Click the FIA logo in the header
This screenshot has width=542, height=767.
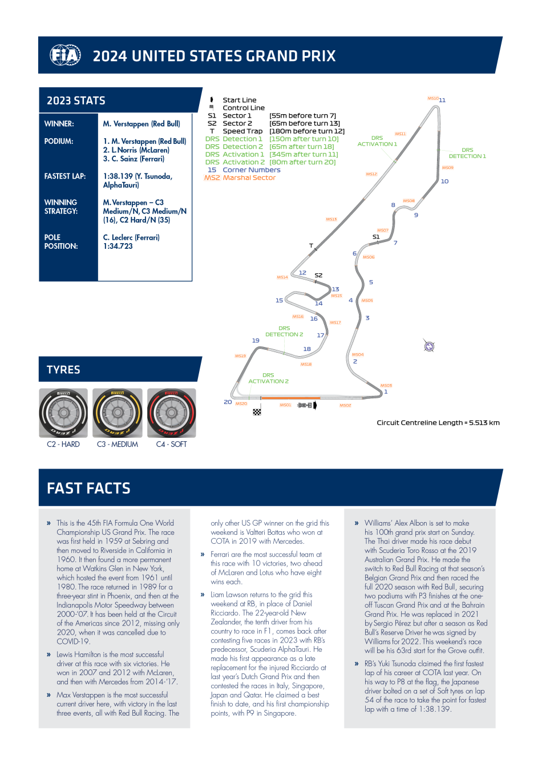[65, 55]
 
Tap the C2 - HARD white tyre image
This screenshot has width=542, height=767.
[63, 413]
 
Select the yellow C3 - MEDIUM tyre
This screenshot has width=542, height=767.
[118, 413]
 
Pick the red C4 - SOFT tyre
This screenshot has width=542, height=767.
[172, 413]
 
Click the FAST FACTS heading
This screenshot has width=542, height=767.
[88, 489]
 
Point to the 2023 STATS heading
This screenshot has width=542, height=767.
[76, 101]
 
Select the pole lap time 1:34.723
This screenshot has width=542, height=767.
[118, 247]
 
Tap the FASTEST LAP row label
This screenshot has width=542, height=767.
[65, 176]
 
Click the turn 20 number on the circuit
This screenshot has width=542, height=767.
[228, 402]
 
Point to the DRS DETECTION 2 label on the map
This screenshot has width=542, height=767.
[284, 332]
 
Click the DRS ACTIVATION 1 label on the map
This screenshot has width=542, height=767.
[377, 141]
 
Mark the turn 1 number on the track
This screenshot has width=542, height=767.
[386, 391]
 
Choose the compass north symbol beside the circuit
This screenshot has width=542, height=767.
[430, 346]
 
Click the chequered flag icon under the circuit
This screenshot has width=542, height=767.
[257, 411]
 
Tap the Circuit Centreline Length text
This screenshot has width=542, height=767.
[438, 423]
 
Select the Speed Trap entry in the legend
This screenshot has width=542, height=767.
[242, 131]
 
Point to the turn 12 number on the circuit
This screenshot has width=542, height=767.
[302, 273]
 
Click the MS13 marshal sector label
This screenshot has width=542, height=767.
[331, 219]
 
